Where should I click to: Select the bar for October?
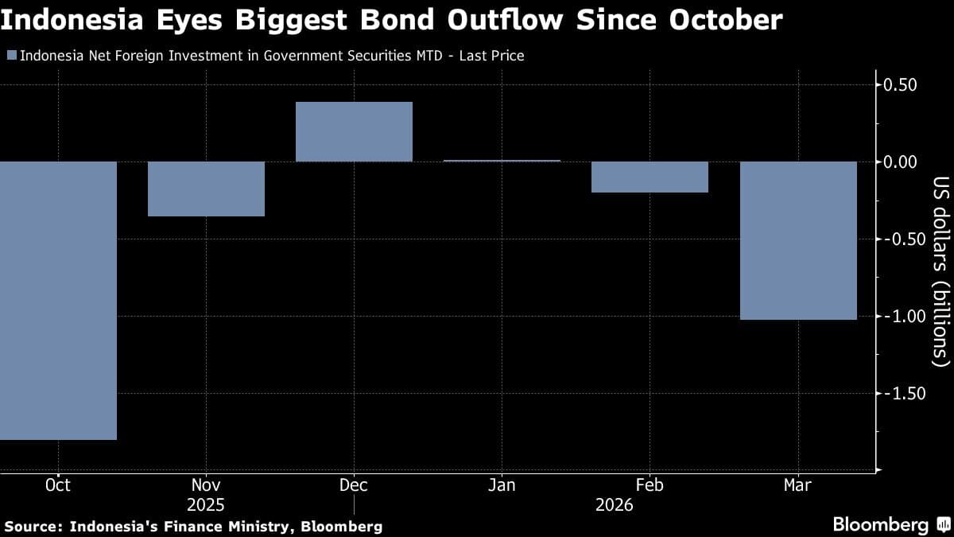(58, 300)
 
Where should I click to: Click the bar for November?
(206, 189)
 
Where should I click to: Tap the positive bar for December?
(354, 131)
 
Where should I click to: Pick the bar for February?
(650, 177)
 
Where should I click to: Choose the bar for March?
(798, 240)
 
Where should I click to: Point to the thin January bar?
(502, 161)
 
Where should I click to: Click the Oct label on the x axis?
(58, 485)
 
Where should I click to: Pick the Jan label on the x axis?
(502, 485)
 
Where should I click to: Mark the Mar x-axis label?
(798, 485)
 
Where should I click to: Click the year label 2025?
(206, 505)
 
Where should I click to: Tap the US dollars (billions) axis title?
(940, 270)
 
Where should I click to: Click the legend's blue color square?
(10, 56)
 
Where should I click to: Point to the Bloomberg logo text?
(880, 524)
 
